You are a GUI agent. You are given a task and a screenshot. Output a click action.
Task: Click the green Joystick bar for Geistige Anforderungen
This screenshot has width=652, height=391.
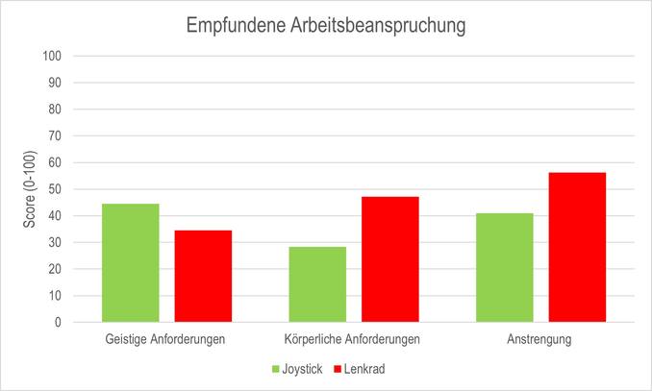click(130, 263)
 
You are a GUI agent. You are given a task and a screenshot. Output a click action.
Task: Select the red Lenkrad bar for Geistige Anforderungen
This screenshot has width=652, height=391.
click(203, 277)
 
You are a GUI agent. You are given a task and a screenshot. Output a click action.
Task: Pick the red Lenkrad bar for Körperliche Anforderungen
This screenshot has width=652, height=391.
click(390, 259)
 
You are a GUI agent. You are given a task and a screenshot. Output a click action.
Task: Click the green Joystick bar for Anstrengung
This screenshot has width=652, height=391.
click(505, 268)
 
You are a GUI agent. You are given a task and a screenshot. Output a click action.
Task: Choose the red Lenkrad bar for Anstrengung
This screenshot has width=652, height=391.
click(577, 248)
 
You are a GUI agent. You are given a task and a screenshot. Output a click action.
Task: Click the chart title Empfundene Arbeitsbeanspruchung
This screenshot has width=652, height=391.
click(326, 26)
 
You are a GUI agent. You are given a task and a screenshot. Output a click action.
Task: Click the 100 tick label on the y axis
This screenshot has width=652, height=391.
click(52, 56)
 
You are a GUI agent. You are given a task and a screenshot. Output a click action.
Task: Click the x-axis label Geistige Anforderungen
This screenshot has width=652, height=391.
click(166, 340)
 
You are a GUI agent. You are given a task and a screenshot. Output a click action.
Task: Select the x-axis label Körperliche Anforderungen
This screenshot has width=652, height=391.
click(353, 340)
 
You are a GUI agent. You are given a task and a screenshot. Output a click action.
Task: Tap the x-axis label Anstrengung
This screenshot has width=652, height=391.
click(540, 340)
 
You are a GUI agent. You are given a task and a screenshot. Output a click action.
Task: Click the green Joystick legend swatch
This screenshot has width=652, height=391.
click(277, 369)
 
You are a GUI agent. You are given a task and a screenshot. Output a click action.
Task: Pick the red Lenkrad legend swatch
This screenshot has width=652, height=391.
click(338, 369)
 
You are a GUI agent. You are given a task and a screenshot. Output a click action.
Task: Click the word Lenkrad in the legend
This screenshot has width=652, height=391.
click(365, 369)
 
